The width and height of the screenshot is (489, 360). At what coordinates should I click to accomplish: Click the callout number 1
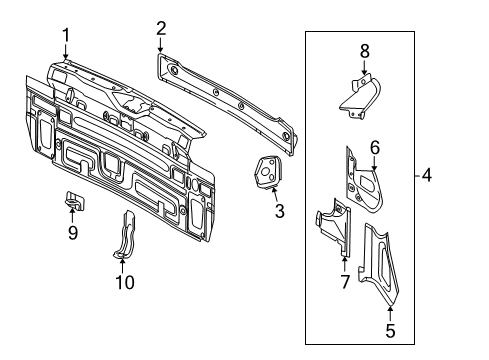tap(66, 35)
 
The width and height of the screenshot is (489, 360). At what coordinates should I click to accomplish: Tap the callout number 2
tap(161, 29)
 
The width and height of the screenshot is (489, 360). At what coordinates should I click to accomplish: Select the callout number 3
tap(280, 211)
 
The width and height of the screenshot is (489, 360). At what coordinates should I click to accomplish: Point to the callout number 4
tap(427, 175)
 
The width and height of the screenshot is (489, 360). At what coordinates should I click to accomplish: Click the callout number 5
tap(390, 330)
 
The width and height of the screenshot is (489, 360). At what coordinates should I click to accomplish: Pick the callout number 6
tap(375, 147)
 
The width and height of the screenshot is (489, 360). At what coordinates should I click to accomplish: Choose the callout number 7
tap(345, 282)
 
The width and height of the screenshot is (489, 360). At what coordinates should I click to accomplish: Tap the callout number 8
tap(365, 52)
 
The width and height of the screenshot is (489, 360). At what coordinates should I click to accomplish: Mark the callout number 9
tap(73, 232)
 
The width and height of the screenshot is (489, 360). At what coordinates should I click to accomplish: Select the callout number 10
tap(125, 282)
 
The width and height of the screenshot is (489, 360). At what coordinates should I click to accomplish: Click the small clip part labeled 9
tap(74, 201)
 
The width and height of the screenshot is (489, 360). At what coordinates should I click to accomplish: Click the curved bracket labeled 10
tap(124, 234)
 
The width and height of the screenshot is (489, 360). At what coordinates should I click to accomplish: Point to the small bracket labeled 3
tap(268, 173)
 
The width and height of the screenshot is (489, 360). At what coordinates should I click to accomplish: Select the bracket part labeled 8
tap(360, 98)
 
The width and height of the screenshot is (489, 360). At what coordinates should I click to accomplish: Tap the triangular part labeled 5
tap(379, 263)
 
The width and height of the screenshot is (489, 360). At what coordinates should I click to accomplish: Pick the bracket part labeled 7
tap(334, 227)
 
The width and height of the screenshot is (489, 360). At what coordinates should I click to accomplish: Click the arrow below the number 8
tap(364, 68)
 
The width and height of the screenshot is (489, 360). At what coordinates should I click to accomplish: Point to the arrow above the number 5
tap(390, 313)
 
